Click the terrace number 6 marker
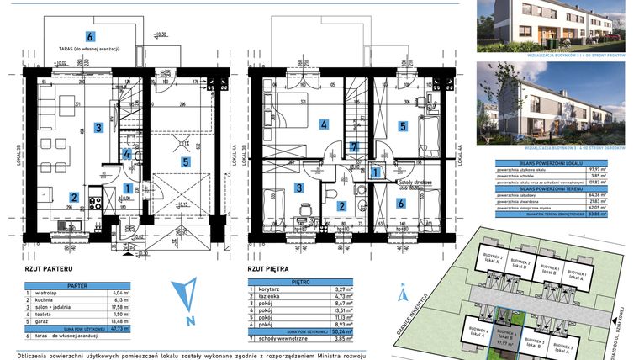[90, 35]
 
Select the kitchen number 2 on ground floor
[74, 198]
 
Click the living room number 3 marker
[98, 127]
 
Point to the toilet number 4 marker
[127, 154]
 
